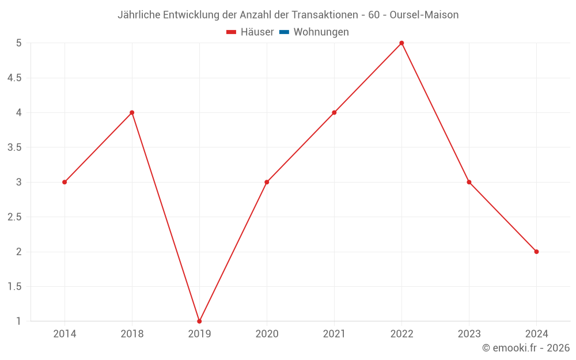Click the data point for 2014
pos(65,182)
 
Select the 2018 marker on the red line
pos(132,112)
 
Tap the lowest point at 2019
pos(199,321)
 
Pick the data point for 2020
pos(267,182)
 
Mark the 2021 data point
pos(334,112)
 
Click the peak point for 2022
pos(401,43)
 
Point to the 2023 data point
pos(469,182)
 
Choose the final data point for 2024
pos(536,252)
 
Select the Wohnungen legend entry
pos(321,32)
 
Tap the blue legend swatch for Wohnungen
pos(284,32)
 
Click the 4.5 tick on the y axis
pos(14,78)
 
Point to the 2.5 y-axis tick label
pos(14,217)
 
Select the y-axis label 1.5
pos(14,287)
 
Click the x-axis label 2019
pos(199,334)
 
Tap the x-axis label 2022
pos(401,334)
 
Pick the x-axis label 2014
pos(65,334)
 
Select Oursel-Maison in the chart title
pos(424,15)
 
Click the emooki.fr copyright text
pos(526,348)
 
